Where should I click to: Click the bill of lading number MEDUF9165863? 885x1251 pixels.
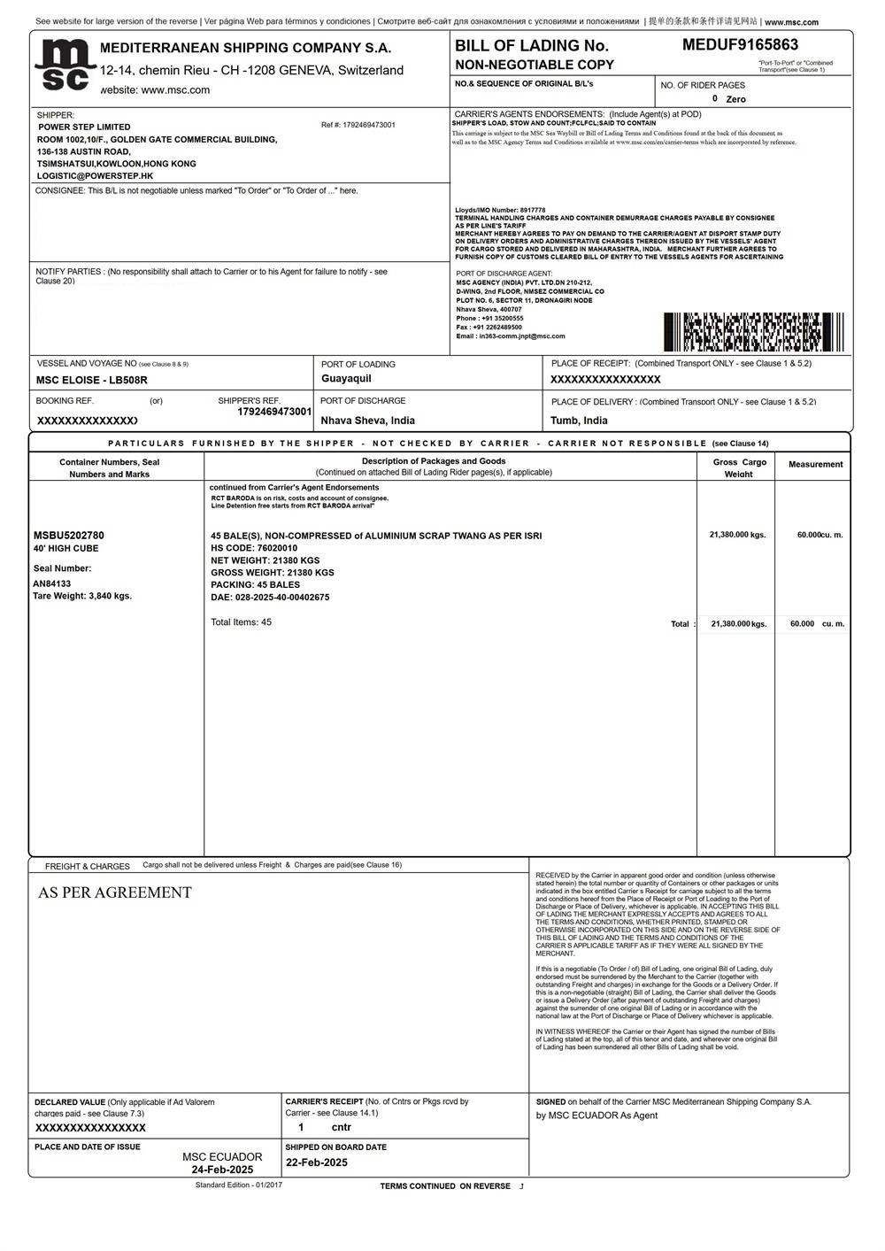click(x=740, y=45)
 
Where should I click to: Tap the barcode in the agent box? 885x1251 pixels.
click(x=753, y=332)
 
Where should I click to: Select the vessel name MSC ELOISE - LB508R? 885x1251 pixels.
click(x=91, y=380)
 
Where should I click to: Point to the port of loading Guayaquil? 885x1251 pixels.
click(x=346, y=379)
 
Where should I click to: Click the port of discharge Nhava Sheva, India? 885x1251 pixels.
click(x=367, y=421)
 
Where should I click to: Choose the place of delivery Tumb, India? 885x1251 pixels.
click(x=579, y=421)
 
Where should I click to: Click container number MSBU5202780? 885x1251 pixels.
click(x=68, y=536)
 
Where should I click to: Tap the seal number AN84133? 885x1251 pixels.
click(x=51, y=583)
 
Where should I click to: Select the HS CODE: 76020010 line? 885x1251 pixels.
click(x=254, y=548)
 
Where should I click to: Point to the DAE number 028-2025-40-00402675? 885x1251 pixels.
click(x=270, y=598)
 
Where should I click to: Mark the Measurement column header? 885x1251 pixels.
click(x=815, y=464)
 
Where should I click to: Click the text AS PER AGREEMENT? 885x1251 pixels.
click(x=115, y=892)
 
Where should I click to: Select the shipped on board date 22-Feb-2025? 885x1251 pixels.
click(x=316, y=1162)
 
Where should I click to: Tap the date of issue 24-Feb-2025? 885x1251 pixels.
click(x=222, y=1170)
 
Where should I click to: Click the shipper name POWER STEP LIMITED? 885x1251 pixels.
click(x=84, y=127)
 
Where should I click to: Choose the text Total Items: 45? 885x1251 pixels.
click(x=241, y=622)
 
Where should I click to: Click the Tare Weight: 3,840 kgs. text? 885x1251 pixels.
click(x=82, y=596)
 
